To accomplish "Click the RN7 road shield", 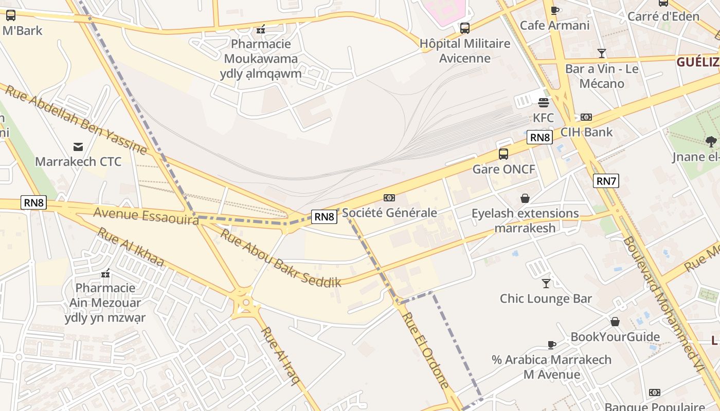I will point(606,181).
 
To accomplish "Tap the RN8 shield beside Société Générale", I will point(325,217).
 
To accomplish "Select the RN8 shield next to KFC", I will point(539,137).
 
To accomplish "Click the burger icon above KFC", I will point(544,103).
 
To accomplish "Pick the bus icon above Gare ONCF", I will point(503,154).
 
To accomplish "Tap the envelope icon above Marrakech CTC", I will point(78,147).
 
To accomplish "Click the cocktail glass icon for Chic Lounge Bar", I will point(546,283).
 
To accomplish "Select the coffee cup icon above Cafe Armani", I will point(554,10).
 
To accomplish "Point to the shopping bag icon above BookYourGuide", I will point(615,322).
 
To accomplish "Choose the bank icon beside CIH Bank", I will point(586,117).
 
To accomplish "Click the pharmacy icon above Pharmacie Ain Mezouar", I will point(105,273).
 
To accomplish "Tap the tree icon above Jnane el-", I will point(711,141).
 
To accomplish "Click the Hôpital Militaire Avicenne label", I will point(465,50).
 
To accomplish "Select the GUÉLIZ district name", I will point(697,62).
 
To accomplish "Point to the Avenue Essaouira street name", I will point(146,216).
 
